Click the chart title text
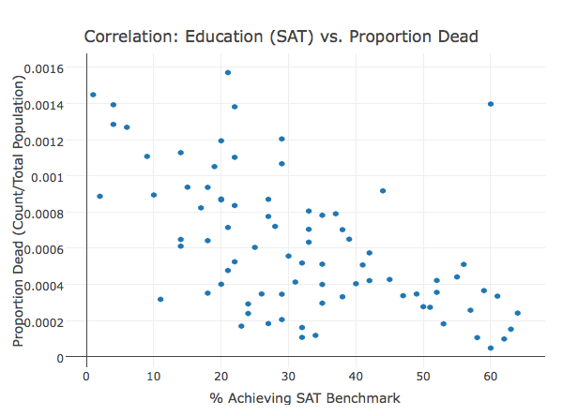pos(281,37)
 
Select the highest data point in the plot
pos(228,72)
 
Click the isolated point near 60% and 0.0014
pos(491,104)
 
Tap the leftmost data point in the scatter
pos(93,95)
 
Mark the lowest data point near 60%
pos(491,348)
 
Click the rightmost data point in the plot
pos(518,313)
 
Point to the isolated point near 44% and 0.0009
pos(383,190)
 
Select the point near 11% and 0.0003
pos(160,299)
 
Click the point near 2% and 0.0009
pos(99,196)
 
